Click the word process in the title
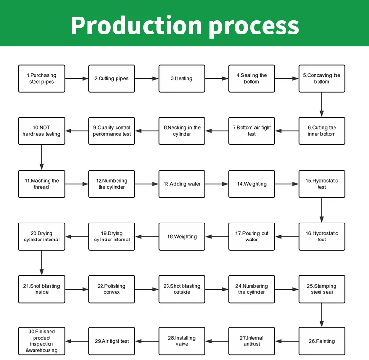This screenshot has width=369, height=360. pyautogui.click(x=253, y=25)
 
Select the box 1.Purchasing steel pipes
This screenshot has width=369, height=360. pyautogui.click(x=42, y=79)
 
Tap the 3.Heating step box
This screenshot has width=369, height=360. pyautogui.click(x=182, y=79)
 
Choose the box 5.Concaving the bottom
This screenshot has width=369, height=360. pyautogui.click(x=321, y=79)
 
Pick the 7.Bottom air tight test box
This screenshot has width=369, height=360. pyautogui.click(x=252, y=131)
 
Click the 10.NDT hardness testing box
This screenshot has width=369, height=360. pyautogui.click(x=42, y=131)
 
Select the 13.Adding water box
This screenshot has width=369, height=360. pyautogui.click(x=182, y=184)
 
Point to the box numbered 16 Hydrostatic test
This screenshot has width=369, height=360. pyautogui.click(x=321, y=237)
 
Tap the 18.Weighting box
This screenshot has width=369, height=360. pyautogui.click(x=182, y=237)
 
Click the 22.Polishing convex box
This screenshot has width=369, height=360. pyautogui.click(x=112, y=289)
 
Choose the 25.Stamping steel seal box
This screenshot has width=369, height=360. pyautogui.click(x=321, y=289)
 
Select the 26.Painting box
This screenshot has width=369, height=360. pyautogui.click(x=321, y=341)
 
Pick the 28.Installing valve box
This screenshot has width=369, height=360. pyautogui.click(x=182, y=341)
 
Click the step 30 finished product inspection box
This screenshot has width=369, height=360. pyautogui.click(x=42, y=341)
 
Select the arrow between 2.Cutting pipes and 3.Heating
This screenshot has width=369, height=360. pyautogui.click(x=147, y=79)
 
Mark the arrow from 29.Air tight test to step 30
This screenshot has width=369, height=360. pyautogui.click(x=77, y=341)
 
